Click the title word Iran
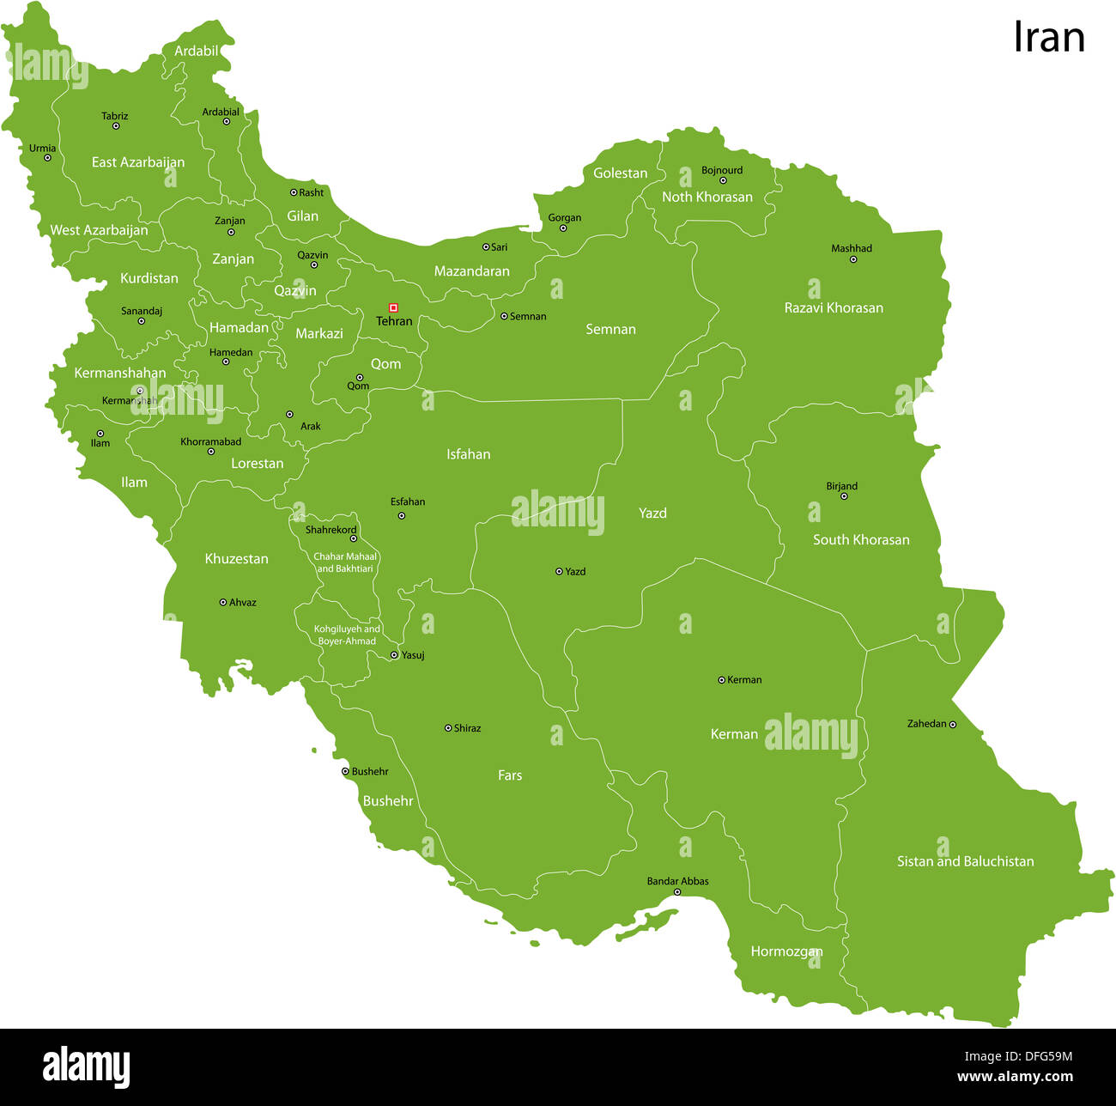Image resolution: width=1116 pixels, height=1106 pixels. click(1048, 38)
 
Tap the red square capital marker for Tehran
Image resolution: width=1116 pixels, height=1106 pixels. click(393, 307)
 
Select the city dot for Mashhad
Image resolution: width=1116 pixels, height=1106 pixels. click(852, 259)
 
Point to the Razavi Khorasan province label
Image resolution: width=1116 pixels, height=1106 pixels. click(833, 307)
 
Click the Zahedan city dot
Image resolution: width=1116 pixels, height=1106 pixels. click(952, 725)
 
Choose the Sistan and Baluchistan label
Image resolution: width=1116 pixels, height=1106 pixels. click(965, 861)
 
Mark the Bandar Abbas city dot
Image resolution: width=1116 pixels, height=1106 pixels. click(677, 892)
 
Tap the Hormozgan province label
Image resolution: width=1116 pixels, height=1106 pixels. click(785, 951)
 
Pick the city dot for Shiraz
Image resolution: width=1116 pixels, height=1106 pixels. click(448, 728)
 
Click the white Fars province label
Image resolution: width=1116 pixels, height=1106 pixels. click(509, 775)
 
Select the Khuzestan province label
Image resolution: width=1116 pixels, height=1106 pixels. click(236, 559)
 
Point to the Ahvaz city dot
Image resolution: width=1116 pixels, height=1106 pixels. click(223, 603)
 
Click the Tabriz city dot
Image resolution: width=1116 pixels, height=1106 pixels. click(116, 126)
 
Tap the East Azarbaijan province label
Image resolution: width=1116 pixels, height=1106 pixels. click(137, 162)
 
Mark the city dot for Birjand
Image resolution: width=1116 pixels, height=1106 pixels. click(843, 496)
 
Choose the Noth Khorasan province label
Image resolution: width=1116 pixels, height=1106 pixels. click(707, 197)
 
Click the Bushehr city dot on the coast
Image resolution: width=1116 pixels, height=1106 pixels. click(345, 772)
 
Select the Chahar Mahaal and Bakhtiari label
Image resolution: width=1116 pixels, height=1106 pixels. click(345, 562)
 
